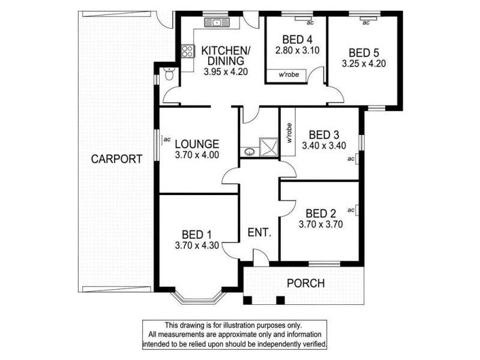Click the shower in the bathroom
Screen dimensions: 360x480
(x=266, y=146)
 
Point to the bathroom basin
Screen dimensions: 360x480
(x=248, y=151)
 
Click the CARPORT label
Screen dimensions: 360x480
(x=116, y=160)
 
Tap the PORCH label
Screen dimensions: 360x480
(x=305, y=283)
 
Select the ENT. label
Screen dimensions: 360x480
(x=259, y=232)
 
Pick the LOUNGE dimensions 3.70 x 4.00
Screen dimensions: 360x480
(x=197, y=154)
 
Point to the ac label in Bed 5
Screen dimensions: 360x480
(x=365, y=23)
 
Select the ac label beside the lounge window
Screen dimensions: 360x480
(x=167, y=140)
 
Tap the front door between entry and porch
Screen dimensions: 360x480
(x=259, y=258)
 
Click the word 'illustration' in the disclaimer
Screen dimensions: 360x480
(x=231, y=325)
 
